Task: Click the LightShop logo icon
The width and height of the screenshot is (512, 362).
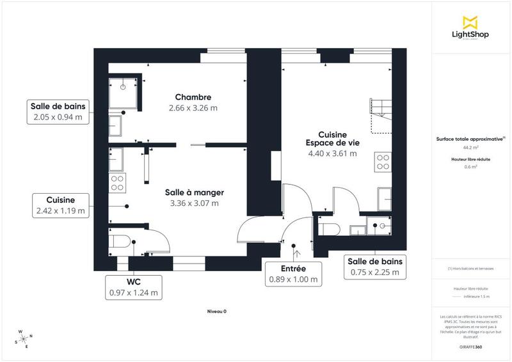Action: pos(471,22)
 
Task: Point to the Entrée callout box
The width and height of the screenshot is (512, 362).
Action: pos(293,273)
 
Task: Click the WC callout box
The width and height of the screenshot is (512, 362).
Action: pos(133,287)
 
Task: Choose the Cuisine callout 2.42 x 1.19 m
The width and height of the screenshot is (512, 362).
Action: pos(61,205)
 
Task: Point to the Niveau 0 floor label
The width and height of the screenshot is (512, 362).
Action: pos(216,311)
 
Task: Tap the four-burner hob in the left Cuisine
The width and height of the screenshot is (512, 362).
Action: pos(117,184)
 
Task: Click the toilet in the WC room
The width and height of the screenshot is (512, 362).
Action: pos(120,242)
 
